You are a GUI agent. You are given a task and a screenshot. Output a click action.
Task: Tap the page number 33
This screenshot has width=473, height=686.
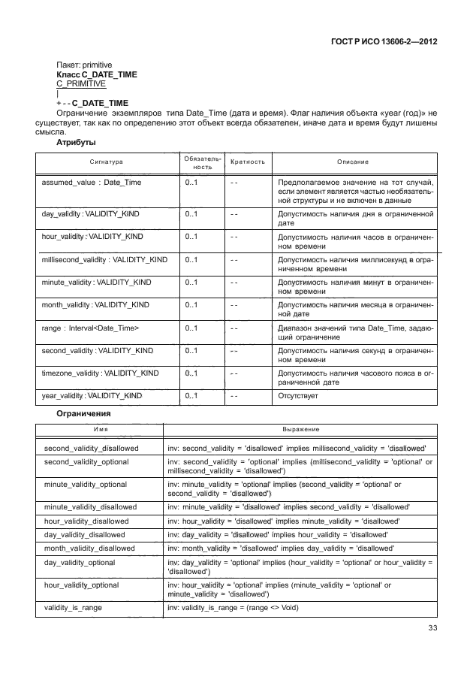point(432,628)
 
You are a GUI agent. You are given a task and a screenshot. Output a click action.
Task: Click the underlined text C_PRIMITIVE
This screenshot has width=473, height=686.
point(81,85)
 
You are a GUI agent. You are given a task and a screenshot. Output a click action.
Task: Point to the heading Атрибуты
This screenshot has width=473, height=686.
point(75,141)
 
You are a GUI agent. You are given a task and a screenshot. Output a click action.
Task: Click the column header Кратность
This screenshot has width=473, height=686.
point(247,162)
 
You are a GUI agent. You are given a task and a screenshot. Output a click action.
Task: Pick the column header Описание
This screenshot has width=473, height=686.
point(353,162)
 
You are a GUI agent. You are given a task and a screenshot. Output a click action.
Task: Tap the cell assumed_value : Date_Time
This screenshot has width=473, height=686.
point(91,183)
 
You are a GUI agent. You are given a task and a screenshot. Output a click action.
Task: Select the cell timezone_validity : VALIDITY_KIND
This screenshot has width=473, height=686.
point(100,373)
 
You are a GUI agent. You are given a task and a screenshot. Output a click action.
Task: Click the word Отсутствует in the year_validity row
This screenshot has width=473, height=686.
point(298,395)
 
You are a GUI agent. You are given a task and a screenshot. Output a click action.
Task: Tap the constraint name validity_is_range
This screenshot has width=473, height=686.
point(74,606)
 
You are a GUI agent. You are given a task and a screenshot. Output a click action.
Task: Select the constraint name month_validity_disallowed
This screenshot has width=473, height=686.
point(90,548)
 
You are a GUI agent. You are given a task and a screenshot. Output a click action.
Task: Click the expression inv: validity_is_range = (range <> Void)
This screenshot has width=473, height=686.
point(233,606)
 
